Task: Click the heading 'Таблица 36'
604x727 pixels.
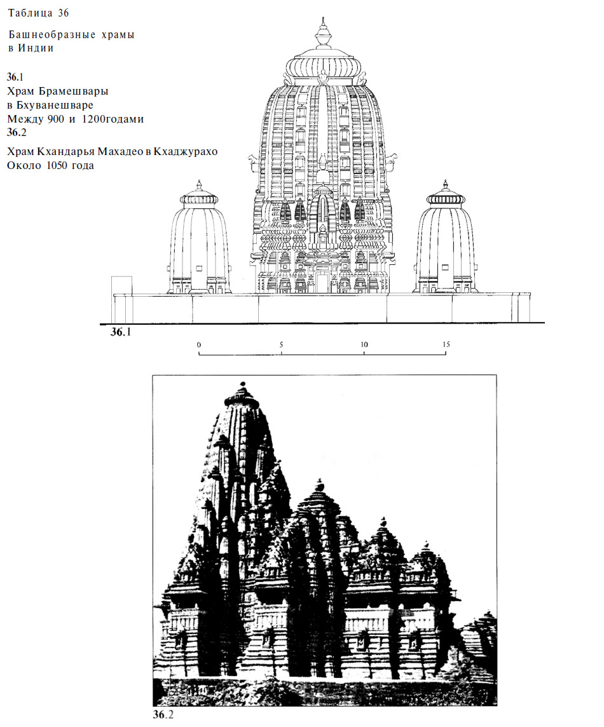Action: [39, 13]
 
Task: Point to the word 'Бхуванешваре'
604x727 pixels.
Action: [55, 105]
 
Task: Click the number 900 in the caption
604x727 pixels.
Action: [56, 119]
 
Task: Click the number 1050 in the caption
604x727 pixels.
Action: [57, 166]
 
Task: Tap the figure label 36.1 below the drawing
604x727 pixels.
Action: [121, 332]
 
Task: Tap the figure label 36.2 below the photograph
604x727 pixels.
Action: [163, 714]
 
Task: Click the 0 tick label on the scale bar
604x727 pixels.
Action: [199, 344]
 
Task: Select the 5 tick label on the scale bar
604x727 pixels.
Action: [281, 344]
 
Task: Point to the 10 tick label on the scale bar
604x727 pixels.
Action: [364, 344]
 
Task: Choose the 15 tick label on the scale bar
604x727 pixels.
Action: [446, 344]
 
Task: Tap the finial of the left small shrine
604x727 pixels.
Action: [200, 186]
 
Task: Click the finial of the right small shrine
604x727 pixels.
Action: [445, 186]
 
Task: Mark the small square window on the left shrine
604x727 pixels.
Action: [199, 268]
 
